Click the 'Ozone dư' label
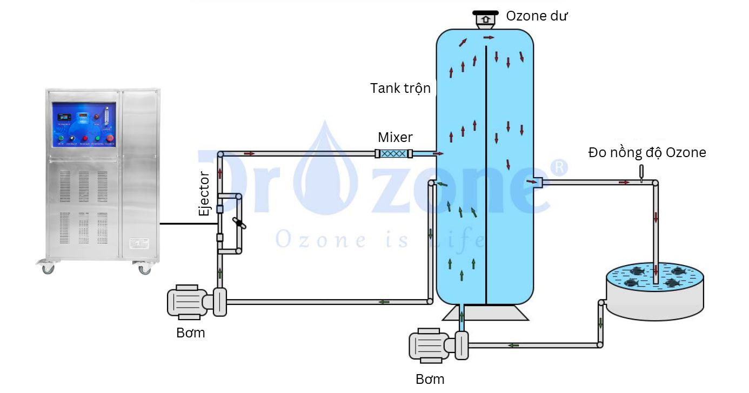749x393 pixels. tap(537, 16)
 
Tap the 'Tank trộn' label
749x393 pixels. tap(400, 88)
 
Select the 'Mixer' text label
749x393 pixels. tap(394, 137)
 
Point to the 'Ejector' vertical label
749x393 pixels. tap(204, 194)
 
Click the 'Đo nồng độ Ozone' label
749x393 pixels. tap(647, 153)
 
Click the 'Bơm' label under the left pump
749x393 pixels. tap(191, 333)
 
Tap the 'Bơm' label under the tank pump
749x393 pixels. tap(430, 379)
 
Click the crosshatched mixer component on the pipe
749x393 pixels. tap(394, 154)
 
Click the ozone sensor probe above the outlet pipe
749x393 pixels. tap(641, 173)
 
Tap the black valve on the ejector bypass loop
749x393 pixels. tap(238, 222)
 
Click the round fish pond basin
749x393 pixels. tap(654, 292)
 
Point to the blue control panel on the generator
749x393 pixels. tap(84, 125)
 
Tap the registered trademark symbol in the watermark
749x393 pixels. tap(559, 168)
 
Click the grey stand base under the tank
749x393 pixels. tap(485, 313)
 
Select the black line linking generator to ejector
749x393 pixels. tap(187, 223)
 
